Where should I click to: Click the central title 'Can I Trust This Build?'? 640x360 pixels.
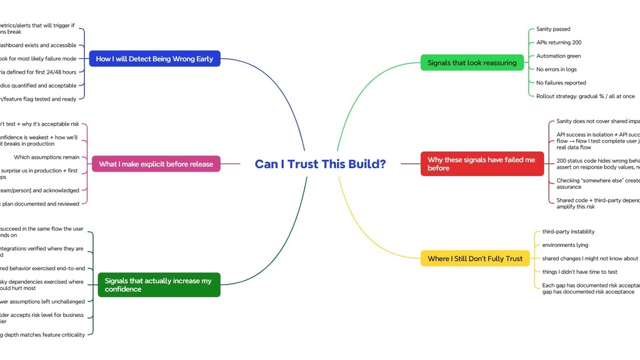coord(320,164)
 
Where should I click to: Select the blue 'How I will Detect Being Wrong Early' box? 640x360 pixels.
coord(154,59)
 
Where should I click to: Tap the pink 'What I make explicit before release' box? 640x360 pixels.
coord(156,164)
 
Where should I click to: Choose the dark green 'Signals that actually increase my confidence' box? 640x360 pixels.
coord(159,285)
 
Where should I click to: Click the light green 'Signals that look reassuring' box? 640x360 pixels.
coord(472,63)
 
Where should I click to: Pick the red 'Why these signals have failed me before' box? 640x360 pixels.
coord(482,164)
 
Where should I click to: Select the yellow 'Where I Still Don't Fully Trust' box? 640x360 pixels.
coord(474,258)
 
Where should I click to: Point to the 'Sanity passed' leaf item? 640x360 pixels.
coord(553,29)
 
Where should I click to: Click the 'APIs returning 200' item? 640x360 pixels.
coord(559,42)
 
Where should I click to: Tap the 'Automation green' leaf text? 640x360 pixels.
coord(558,56)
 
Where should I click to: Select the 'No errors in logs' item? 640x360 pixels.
coord(556,69)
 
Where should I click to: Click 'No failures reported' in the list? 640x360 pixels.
coord(561,82)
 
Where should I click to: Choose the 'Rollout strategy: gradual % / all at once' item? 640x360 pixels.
coord(585,96)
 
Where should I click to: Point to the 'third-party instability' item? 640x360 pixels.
coord(568,232)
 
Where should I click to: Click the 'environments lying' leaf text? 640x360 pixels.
coord(565,245)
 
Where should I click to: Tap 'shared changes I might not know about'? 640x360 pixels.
coord(590,258)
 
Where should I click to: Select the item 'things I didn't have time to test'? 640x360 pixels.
coord(579,272)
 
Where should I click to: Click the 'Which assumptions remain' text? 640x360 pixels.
coord(47,157)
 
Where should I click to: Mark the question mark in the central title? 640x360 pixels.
coord(382,164)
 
